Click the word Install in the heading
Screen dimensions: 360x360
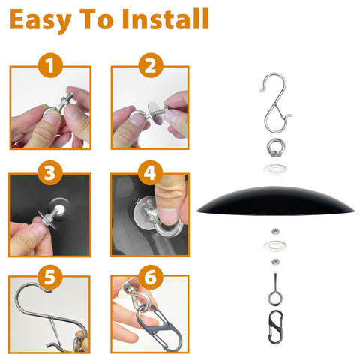pyautogui.click(x=166, y=19)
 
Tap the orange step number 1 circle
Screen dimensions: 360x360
pyautogui.click(x=50, y=65)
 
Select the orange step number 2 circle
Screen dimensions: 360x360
pyautogui.click(x=150, y=65)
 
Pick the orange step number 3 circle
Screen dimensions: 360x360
pyautogui.click(x=50, y=172)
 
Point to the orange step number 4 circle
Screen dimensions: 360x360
pyautogui.click(x=150, y=172)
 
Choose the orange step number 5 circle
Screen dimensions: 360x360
pyautogui.click(x=50, y=277)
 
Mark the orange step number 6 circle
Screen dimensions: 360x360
pyautogui.click(x=150, y=277)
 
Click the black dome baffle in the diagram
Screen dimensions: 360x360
pyautogui.click(x=275, y=201)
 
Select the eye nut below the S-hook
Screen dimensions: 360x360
pyautogui.click(x=276, y=148)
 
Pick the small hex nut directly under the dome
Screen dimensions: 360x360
pyautogui.click(x=275, y=231)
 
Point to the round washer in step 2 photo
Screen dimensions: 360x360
pyautogui.click(x=156, y=112)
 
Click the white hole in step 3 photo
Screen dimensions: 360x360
pyautogui.click(x=60, y=208)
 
